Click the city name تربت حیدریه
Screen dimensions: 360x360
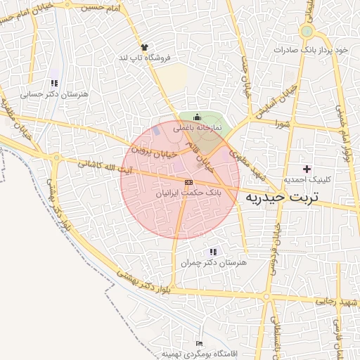281,198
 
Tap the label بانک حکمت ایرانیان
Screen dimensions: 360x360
188,191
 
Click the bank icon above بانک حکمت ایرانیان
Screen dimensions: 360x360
188,181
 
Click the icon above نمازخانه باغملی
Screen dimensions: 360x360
197,117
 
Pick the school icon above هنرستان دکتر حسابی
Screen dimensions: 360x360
54,83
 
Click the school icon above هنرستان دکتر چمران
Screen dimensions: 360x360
213,252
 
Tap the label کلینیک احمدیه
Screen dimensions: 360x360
307,180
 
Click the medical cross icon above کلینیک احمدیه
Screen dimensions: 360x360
307,169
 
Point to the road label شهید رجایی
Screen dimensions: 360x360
337,301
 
